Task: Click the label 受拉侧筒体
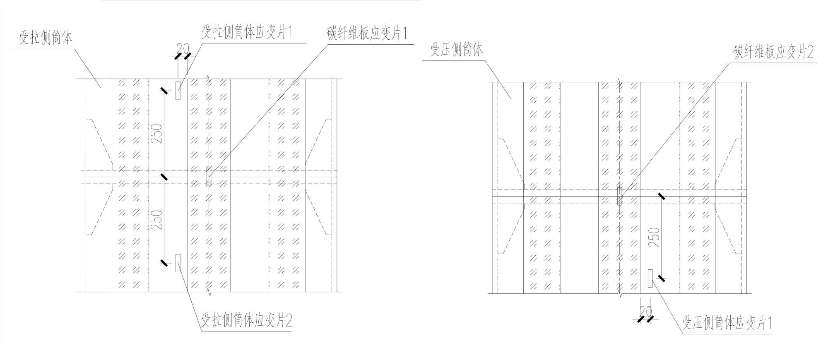pyautogui.click(x=46, y=38)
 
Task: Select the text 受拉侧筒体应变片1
pyautogui.click(x=247, y=32)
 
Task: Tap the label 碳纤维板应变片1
pyautogui.click(x=367, y=34)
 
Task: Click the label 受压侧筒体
pyautogui.click(x=456, y=50)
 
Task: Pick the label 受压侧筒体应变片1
pyautogui.click(x=727, y=323)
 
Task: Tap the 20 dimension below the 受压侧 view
pyautogui.click(x=645, y=311)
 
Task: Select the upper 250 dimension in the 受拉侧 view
pyautogui.click(x=157, y=133)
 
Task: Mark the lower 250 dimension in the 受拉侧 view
pyautogui.click(x=157, y=220)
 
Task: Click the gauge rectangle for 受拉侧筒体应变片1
pyautogui.click(x=178, y=91)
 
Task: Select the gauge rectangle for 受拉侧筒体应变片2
pyautogui.click(x=178, y=263)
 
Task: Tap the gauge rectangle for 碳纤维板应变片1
pyautogui.click(x=209, y=177)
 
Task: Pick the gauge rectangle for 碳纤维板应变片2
pyautogui.click(x=620, y=196)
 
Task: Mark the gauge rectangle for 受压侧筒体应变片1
pyautogui.click(x=650, y=278)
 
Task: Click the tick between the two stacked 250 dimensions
pyautogui.click(x=164, y=177)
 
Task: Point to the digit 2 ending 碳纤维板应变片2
pyautogui.click(x=809, y=52)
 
